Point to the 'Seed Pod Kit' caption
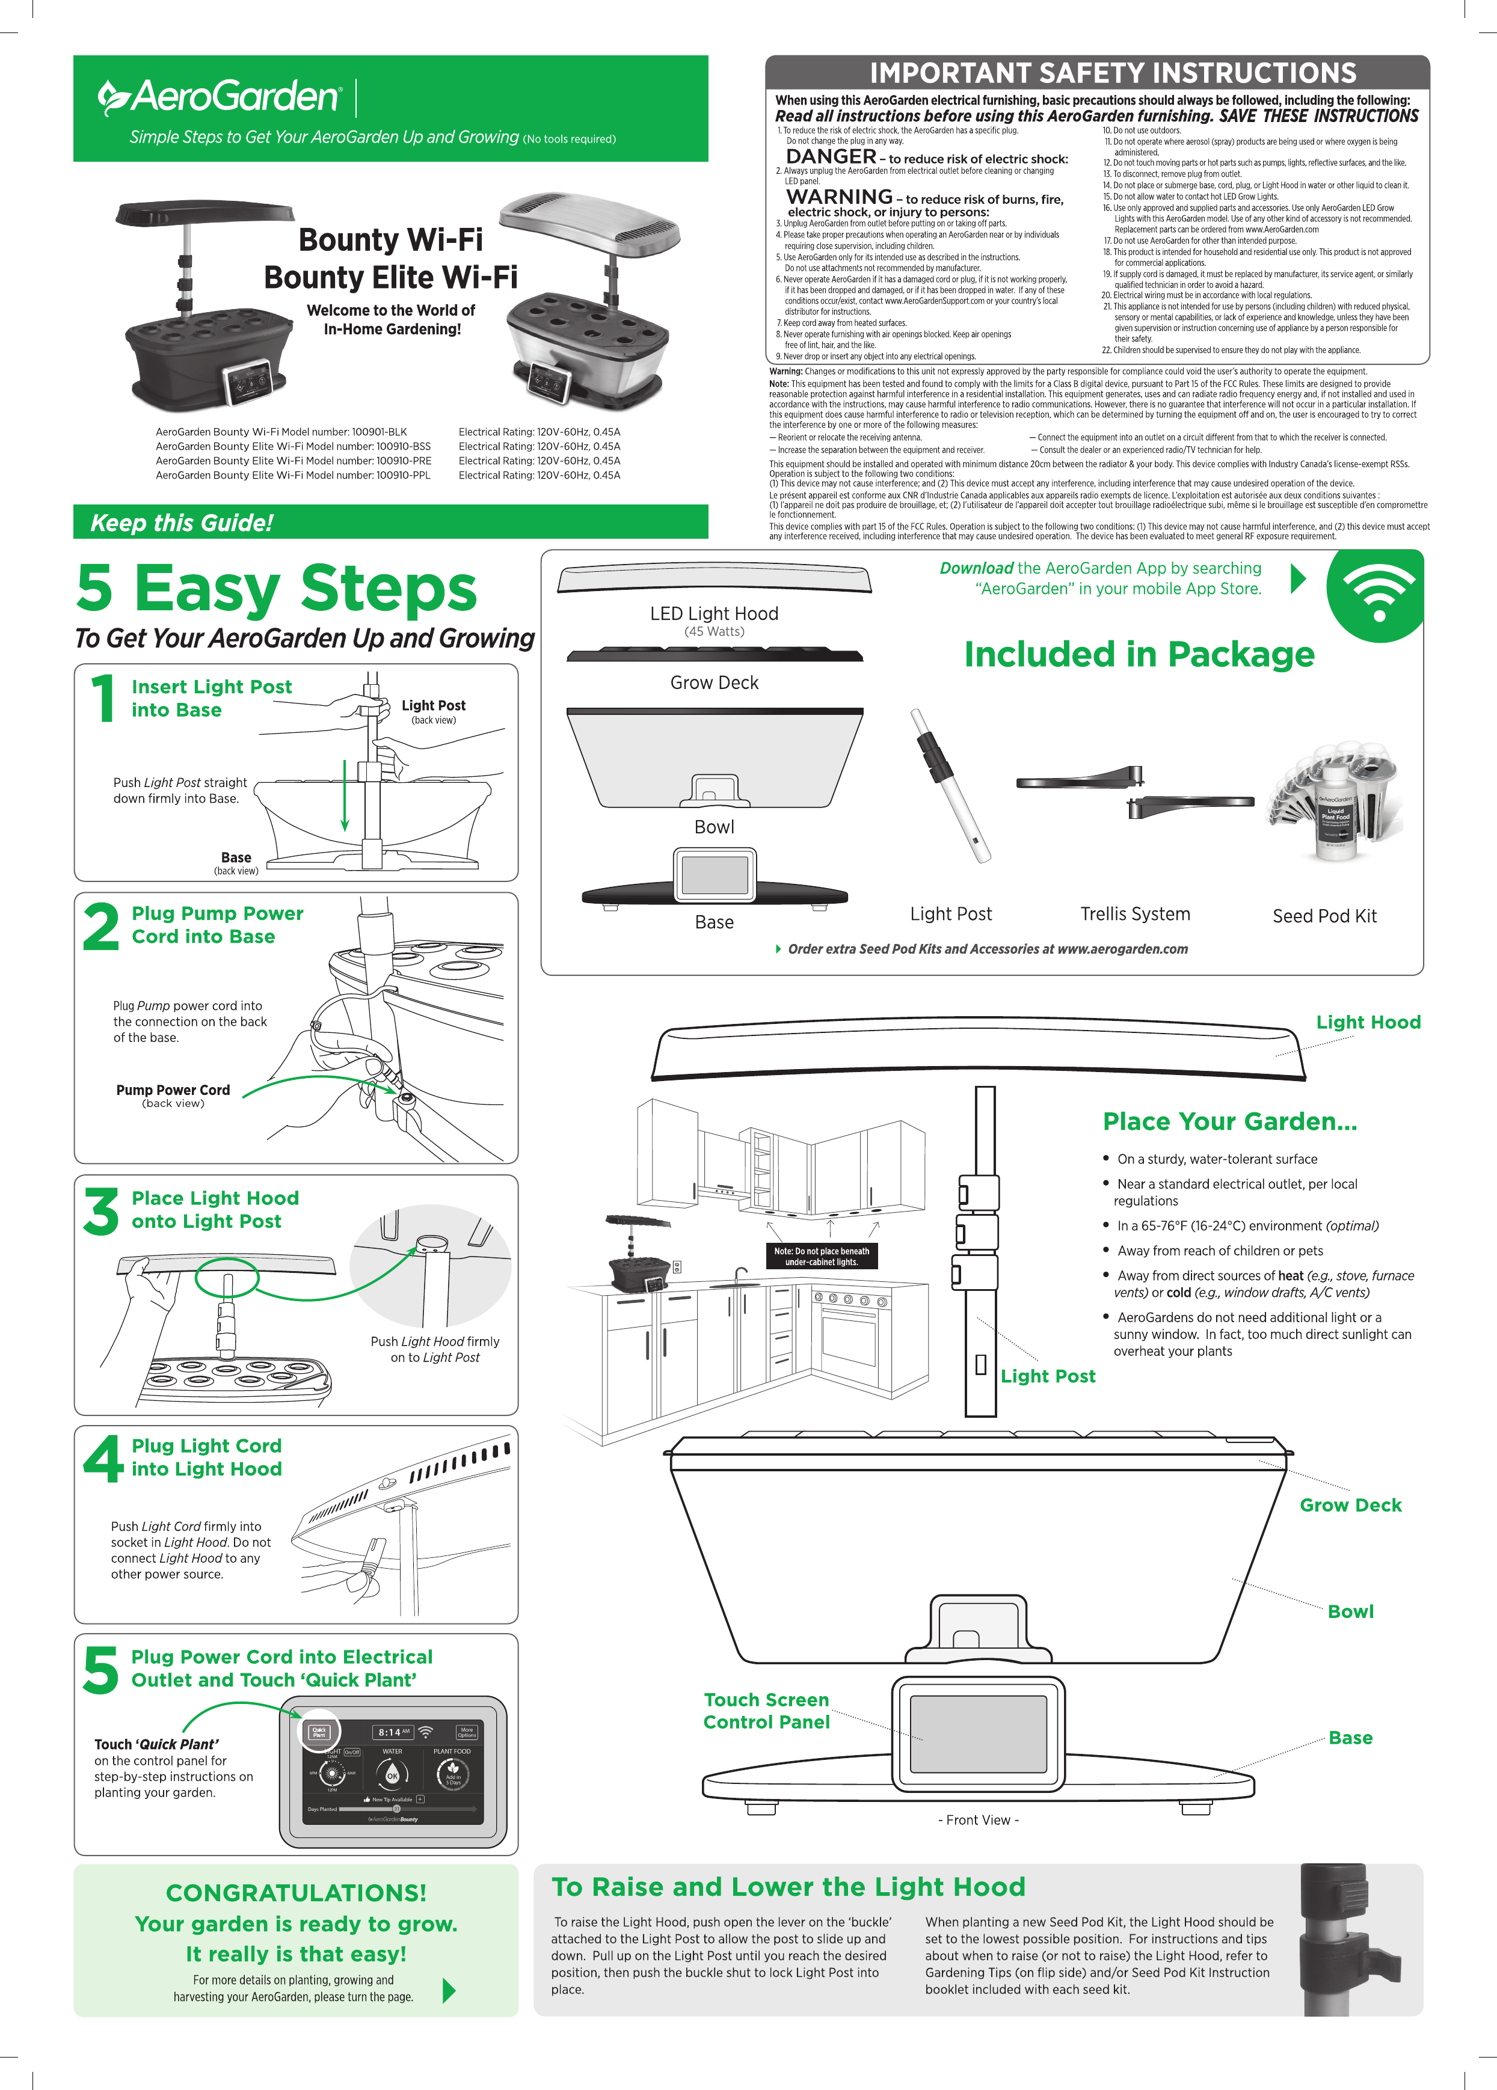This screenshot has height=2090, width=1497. [1324, 916]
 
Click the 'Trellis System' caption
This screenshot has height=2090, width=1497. [1135, 914]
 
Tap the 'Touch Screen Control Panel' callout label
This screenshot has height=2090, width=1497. [766, 1711]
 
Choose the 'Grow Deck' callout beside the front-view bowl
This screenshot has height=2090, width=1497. [1350, 1505]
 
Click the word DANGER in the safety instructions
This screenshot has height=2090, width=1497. [831, 157]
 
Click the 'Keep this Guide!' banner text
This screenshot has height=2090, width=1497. [182, 524]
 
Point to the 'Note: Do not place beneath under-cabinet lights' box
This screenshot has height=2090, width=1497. [822, 1256]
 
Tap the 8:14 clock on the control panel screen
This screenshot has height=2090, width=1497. [391, 1732]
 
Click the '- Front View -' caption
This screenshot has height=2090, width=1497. [978, 1820]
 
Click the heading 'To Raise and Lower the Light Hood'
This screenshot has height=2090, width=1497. [788, 1887]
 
